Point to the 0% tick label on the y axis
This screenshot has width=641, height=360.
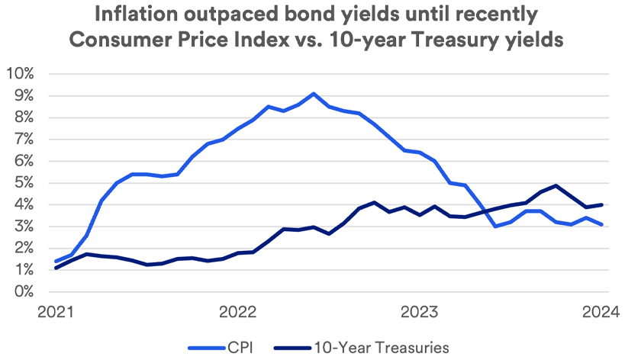[24, 292]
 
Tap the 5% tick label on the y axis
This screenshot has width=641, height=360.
[24, 183]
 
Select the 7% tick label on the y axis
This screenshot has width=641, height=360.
[24, 140]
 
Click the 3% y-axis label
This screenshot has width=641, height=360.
[24, 227]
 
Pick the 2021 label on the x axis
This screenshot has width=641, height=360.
[55, 313]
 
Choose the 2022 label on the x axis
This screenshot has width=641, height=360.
[238, 313]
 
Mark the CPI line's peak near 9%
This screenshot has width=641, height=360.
[314, 94]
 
